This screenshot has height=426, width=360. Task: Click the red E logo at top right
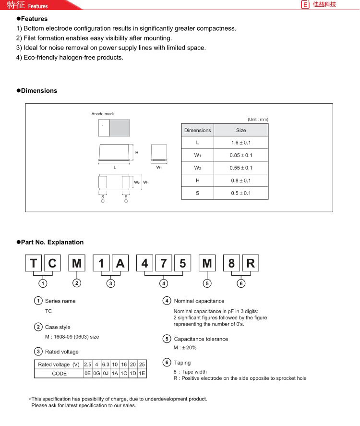(305, 5)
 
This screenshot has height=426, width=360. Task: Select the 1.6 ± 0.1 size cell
(241, 143)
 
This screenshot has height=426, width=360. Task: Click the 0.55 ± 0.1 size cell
(241, 168)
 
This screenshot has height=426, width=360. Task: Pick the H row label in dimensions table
(197, 181)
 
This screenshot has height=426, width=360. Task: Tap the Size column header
(241, 130)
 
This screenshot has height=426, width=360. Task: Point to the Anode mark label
(103, 114)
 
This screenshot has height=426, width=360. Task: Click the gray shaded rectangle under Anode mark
(120, 128)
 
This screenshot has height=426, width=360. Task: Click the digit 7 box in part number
(164, 263)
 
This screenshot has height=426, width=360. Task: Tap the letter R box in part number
(251, 263)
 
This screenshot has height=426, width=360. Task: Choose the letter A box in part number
(120, 263)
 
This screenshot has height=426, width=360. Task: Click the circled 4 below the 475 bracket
(164, 283)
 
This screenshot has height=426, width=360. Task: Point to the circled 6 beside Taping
(167, 363)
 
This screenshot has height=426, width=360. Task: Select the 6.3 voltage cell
(106, 365)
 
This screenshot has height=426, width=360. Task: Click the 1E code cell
(142, 373)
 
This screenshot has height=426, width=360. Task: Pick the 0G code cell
(96, 373)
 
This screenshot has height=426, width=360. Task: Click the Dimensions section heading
(39, 91)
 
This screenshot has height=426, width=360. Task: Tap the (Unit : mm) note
(258, 119)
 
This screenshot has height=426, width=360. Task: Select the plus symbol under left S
(103, 201)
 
